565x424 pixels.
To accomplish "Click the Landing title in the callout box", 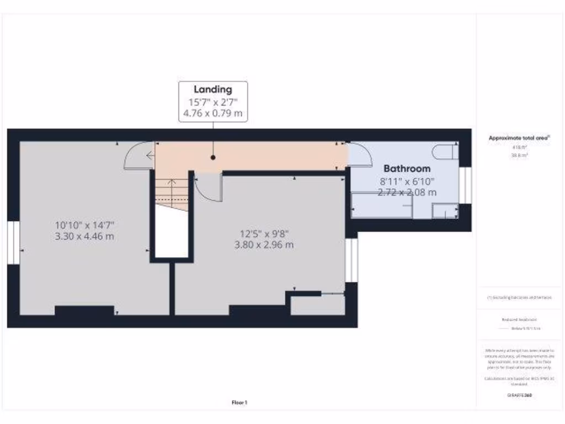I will pyautogui.click(x=212, y=89).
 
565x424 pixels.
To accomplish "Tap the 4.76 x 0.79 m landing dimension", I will pyautogui.click(x=212, y=114).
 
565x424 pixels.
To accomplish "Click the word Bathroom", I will pyautogui.click(x=407, y=168).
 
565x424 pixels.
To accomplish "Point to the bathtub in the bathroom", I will pyautogui.click(x=382, y=205).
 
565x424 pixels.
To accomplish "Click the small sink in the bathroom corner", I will pyautogui.click(x=444, y=210).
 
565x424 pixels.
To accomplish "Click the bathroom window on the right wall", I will pyautogui.click(x=465, y=185).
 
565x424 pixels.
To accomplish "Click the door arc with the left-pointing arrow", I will pyautogui.click(x=139, y=156).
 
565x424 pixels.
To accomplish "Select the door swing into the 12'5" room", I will pyautogui.click(x=209, y=188).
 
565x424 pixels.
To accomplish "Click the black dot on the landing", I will pyautogui.click(x=213, y=157).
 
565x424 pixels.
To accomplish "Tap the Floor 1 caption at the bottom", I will pyautogui.click(x=239, y=402).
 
